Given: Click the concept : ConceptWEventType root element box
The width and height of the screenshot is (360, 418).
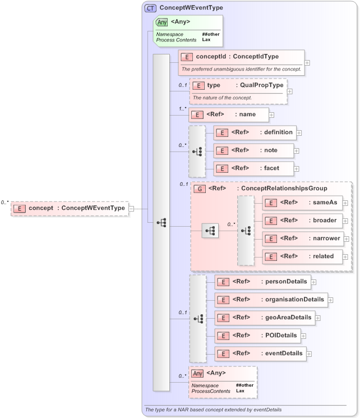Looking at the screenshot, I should (70, 208).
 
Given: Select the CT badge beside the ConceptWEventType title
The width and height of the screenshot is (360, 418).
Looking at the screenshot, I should (150, 8).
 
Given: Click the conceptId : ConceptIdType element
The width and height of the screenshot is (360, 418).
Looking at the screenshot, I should (241, 57).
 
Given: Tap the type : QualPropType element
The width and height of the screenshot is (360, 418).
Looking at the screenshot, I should (238, 85).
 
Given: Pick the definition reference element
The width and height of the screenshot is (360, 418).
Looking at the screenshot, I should (254, 133).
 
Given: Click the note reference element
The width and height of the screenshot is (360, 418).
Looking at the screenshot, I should (253, 150).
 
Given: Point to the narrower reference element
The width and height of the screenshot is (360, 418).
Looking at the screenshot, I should (303, 238).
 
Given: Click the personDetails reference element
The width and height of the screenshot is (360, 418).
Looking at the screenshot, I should (262, 282).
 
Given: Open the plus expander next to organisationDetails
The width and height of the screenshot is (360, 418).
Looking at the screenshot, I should (331, 300).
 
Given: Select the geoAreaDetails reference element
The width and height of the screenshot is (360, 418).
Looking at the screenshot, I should (264, 318).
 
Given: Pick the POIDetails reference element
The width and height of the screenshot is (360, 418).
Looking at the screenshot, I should (257, 336).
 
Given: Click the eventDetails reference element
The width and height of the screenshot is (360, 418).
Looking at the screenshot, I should (260, 353).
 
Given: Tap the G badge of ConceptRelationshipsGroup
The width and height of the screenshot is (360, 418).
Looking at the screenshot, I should (199, 189).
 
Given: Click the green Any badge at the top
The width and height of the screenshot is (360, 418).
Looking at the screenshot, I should (161, 22).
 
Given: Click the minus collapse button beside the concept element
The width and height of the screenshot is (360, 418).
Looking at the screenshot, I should (132, 208).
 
